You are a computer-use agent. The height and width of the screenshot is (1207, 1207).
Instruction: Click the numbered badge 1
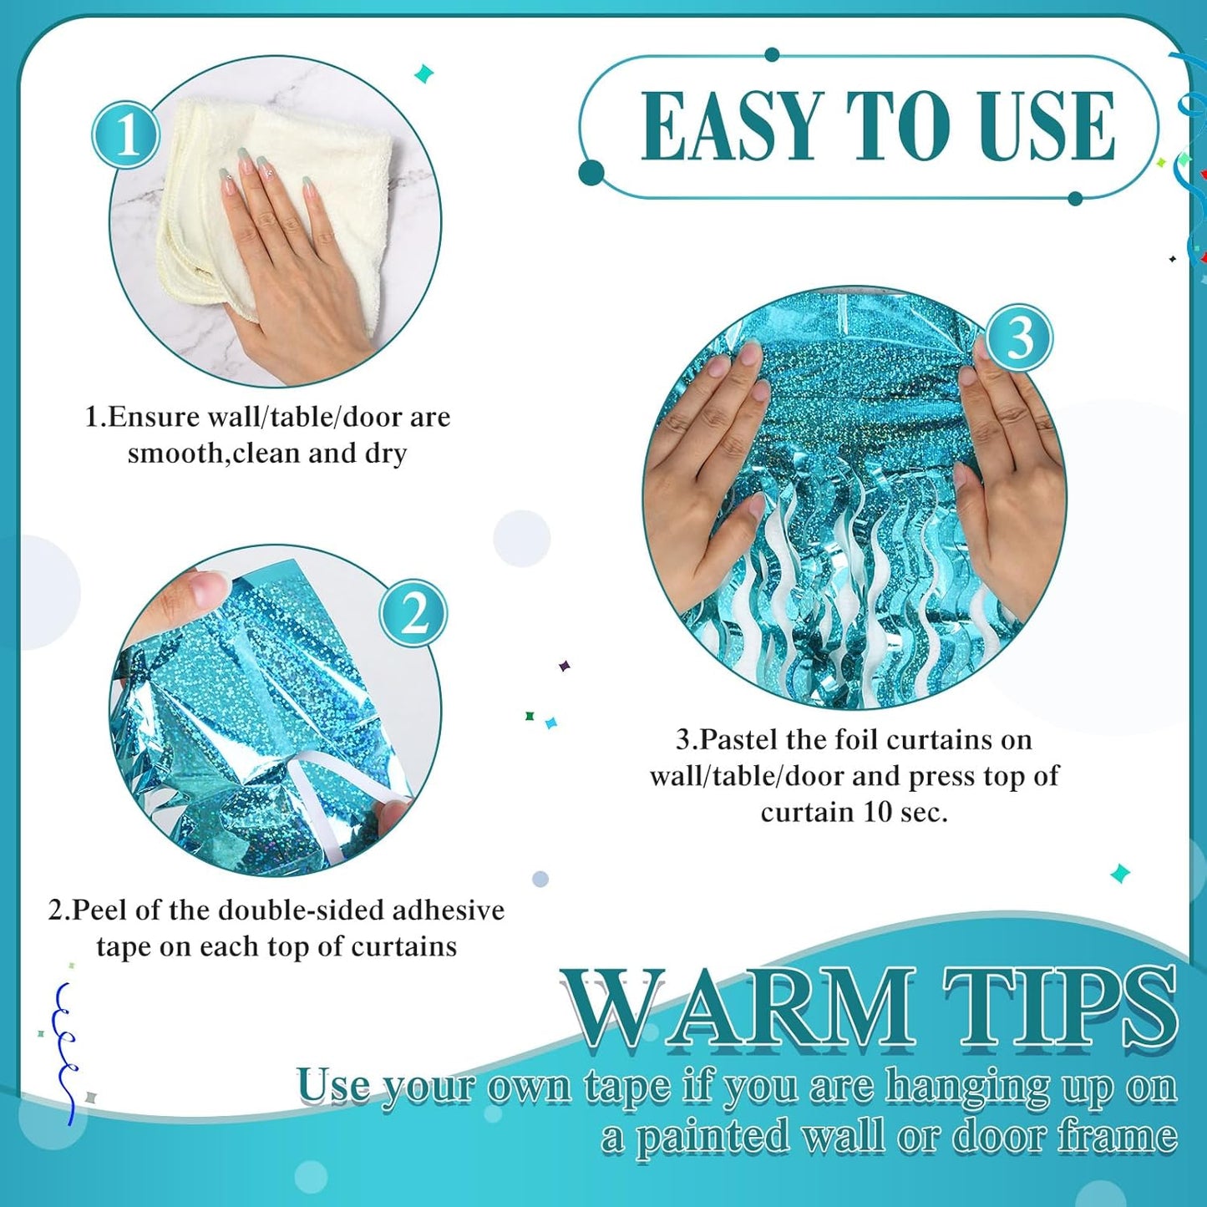pos(126,134)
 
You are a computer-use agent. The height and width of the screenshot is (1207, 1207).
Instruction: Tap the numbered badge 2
pos(413,613)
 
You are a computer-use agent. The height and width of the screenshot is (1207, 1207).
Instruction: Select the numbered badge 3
pos(1018,338)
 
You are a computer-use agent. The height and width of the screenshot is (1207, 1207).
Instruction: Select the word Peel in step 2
pos(99,910)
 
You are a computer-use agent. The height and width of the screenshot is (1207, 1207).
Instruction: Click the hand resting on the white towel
pos(292,267)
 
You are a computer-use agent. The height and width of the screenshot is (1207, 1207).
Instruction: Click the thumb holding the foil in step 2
pos(188,593)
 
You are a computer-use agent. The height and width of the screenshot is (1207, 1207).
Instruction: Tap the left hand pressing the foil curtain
pos(710,468)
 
